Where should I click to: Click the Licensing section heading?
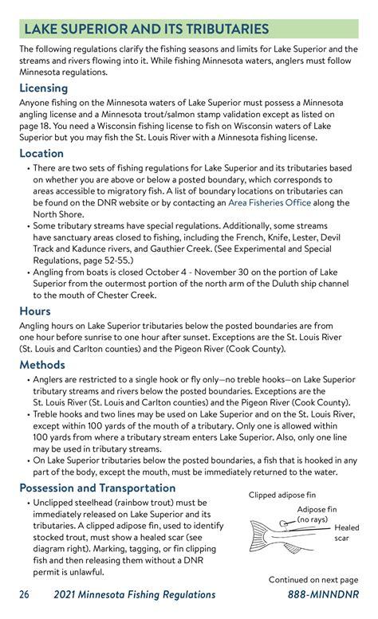[x=43, y=88]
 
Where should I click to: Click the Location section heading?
[x=41, y=153]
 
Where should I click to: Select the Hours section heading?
[x=35, y=311]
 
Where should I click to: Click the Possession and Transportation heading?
[x=102, y=488]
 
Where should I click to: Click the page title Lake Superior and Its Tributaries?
[x=146, y=29]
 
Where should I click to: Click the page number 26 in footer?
[x=26, y=594]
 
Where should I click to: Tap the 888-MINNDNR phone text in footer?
[x=323, y=594]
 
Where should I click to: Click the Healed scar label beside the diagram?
[x=346, y=532]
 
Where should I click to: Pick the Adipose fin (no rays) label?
[x=316, y=514]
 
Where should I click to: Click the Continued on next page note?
[x=313, y=579]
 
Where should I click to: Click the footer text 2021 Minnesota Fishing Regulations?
[x=135, y=594]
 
